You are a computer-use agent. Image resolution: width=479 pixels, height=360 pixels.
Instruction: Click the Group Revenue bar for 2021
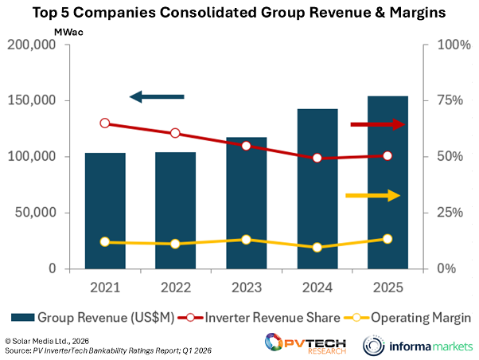point(105,211)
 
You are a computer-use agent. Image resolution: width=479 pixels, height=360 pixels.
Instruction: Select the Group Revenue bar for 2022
point(174,211)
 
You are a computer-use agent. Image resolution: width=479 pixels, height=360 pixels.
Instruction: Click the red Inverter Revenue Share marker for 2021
point(105,123)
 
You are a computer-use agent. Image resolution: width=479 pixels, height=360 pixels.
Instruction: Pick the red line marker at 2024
point(317,158)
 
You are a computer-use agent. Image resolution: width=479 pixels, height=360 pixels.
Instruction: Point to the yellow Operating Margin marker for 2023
point(246,240)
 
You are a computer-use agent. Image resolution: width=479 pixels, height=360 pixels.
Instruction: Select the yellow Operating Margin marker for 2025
point(387,239)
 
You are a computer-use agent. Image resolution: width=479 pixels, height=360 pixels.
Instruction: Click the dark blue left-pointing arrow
point(157,97)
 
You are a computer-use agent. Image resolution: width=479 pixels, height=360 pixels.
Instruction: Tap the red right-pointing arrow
point(377,124)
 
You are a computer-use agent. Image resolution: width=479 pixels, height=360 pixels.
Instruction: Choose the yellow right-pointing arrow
point(372,195)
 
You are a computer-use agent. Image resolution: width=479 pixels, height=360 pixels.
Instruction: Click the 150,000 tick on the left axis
point(32,101)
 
